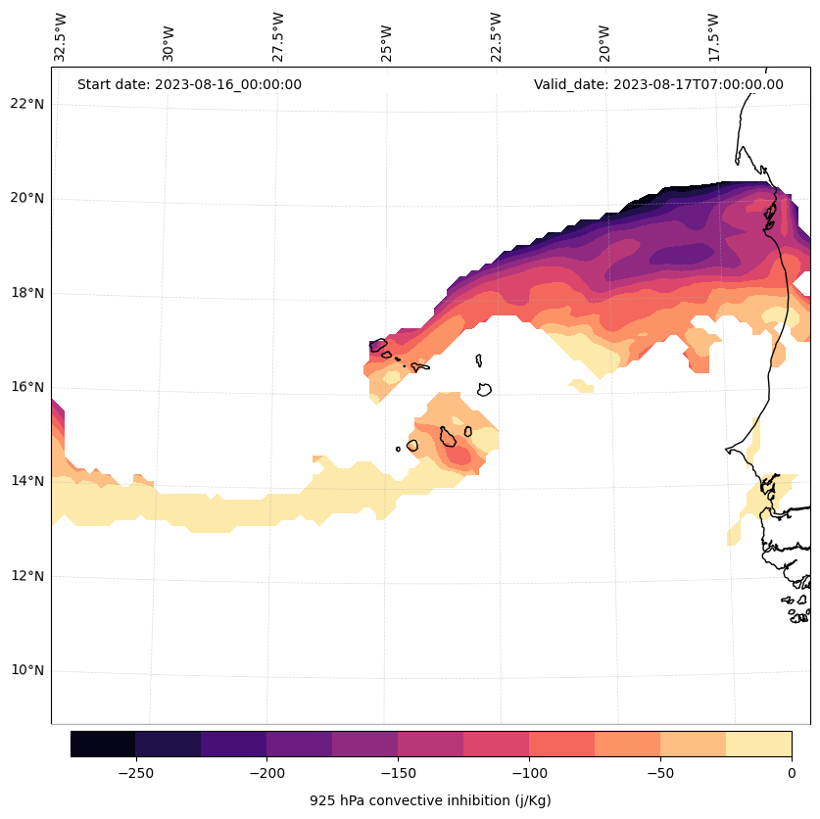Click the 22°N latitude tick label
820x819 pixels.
[x=27, y=104]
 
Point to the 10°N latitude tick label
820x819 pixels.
[x=27, y=671]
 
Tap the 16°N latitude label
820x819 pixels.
[x=27, y=387]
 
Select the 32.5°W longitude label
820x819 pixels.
[x=61, y=37]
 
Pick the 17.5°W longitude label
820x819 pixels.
[x=713, y=37]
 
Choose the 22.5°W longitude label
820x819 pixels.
[x=496, y=37]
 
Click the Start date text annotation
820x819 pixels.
[x=189, y=84]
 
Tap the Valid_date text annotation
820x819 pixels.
[x=658, y=84]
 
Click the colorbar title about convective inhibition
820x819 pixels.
[x=430, y=800]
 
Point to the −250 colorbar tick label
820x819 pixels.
[x=135, y=773]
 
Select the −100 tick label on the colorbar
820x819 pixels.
[x=529, y=773]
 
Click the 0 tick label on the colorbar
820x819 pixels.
[x=792, y=773]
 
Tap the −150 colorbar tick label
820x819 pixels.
[x=398, y=773]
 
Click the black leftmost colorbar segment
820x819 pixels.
[x=103, y=744]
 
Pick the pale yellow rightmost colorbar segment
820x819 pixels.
[x=758, y=744]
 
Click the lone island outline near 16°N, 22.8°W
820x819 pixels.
[x=484, y=389]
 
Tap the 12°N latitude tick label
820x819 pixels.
[x=27, y=576]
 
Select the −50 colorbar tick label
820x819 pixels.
[x=660, y=773]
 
